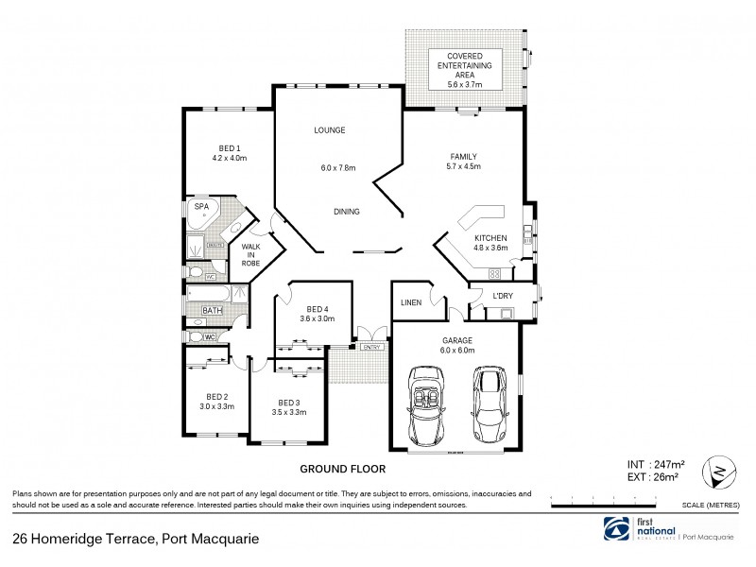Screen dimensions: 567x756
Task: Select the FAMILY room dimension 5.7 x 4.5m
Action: click(463, 166)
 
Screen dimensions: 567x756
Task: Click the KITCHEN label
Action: click(490, 237)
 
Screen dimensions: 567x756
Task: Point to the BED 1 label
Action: click(228, 147)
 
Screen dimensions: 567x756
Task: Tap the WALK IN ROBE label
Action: click(250, 254)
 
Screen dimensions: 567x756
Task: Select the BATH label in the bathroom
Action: click(211, 309)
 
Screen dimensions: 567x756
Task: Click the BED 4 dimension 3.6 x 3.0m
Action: click(318, 319)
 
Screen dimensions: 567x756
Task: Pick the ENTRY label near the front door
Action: click(371, 348)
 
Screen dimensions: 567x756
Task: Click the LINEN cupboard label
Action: click(410, 302)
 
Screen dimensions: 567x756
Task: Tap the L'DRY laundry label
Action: click(502, 297)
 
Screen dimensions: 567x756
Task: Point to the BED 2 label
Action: click(217, 396)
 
